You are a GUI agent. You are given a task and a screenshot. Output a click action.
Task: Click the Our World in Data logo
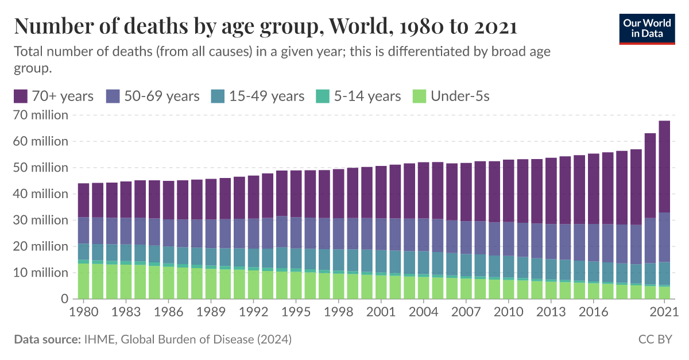(647, 28)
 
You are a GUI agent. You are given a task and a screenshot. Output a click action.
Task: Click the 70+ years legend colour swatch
(21, 96)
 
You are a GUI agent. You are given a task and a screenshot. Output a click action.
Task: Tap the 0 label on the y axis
(65, 299)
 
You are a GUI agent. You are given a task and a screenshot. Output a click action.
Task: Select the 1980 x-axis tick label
(83, 312)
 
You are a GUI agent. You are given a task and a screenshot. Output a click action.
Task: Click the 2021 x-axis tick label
(664, 312)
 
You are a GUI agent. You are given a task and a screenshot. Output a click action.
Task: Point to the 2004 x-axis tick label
(423, 312)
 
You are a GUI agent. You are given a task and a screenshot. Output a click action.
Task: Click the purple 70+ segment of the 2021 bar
(664, 167)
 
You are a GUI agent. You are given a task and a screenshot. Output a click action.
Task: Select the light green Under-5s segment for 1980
(83, 281)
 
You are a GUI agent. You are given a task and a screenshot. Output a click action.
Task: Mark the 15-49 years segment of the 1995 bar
(295, 258)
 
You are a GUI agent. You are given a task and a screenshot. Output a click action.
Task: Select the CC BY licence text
(655, 339)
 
